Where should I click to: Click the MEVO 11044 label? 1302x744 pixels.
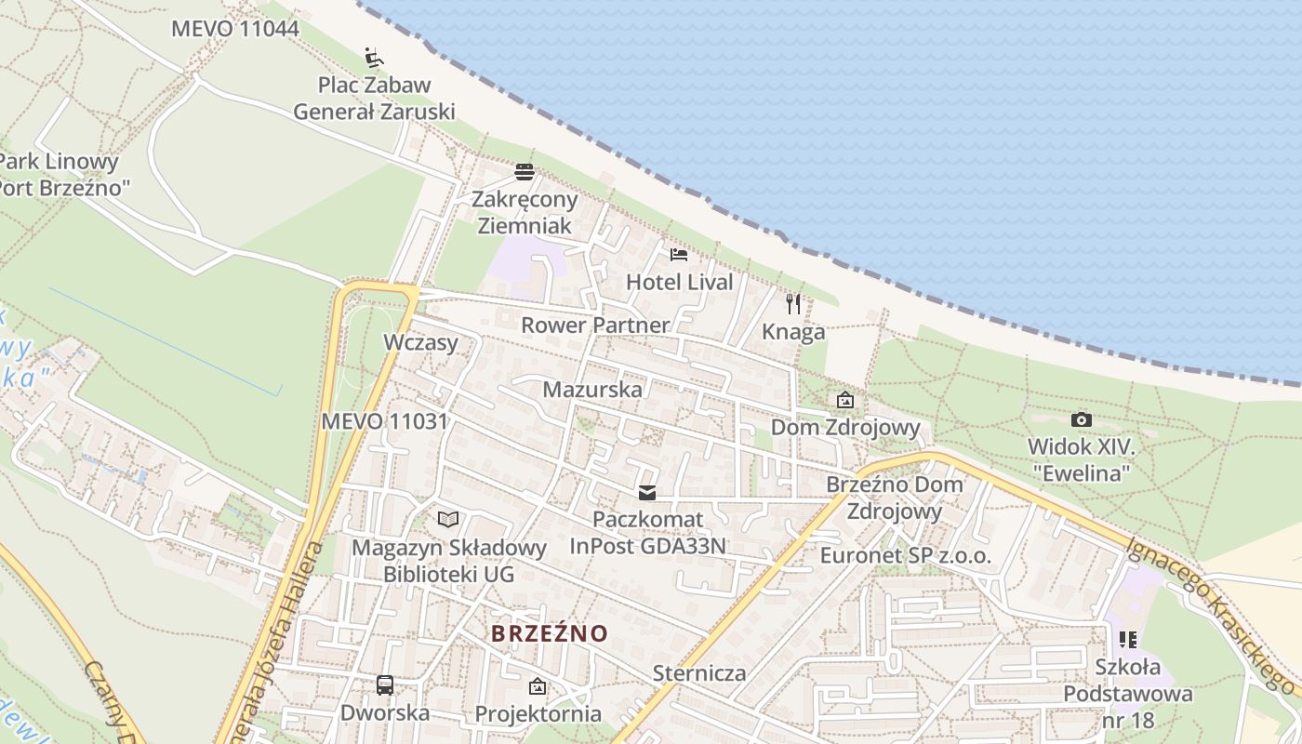[x=235, y=29]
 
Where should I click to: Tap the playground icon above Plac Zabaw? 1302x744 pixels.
[x=374, y=58]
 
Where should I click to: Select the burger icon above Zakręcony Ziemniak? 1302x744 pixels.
[x=525, y=172]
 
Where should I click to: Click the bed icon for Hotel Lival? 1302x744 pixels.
[x=679, y=255]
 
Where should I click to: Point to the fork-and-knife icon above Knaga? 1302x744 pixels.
[x=793, y=304]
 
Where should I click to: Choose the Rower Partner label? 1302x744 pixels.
[x=595, y=325]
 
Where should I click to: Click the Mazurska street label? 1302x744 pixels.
[x=592, y=389]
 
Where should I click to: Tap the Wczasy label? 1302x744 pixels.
[x=421, y=342]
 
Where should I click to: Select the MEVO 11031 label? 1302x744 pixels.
[x=384, y=421]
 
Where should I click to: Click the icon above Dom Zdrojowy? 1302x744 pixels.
[x=845, y=401]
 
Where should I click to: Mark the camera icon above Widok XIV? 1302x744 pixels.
[x=1081, y=420]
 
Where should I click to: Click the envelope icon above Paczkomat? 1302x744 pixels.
[x=647, y=492]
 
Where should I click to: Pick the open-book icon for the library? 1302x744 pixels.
[x=448, y=519]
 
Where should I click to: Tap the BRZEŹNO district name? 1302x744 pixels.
[x=550, y=633]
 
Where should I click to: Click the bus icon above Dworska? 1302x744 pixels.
[x=385, y=685]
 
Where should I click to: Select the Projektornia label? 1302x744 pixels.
[x=538, y=713]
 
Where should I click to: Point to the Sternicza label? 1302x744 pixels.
[x=699, y=672]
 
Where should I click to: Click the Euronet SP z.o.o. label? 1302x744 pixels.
[x=906, y=556]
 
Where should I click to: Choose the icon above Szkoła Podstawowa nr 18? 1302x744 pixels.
[x=1128, y=640]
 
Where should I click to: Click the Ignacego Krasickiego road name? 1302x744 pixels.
[x=1210, y=610]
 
